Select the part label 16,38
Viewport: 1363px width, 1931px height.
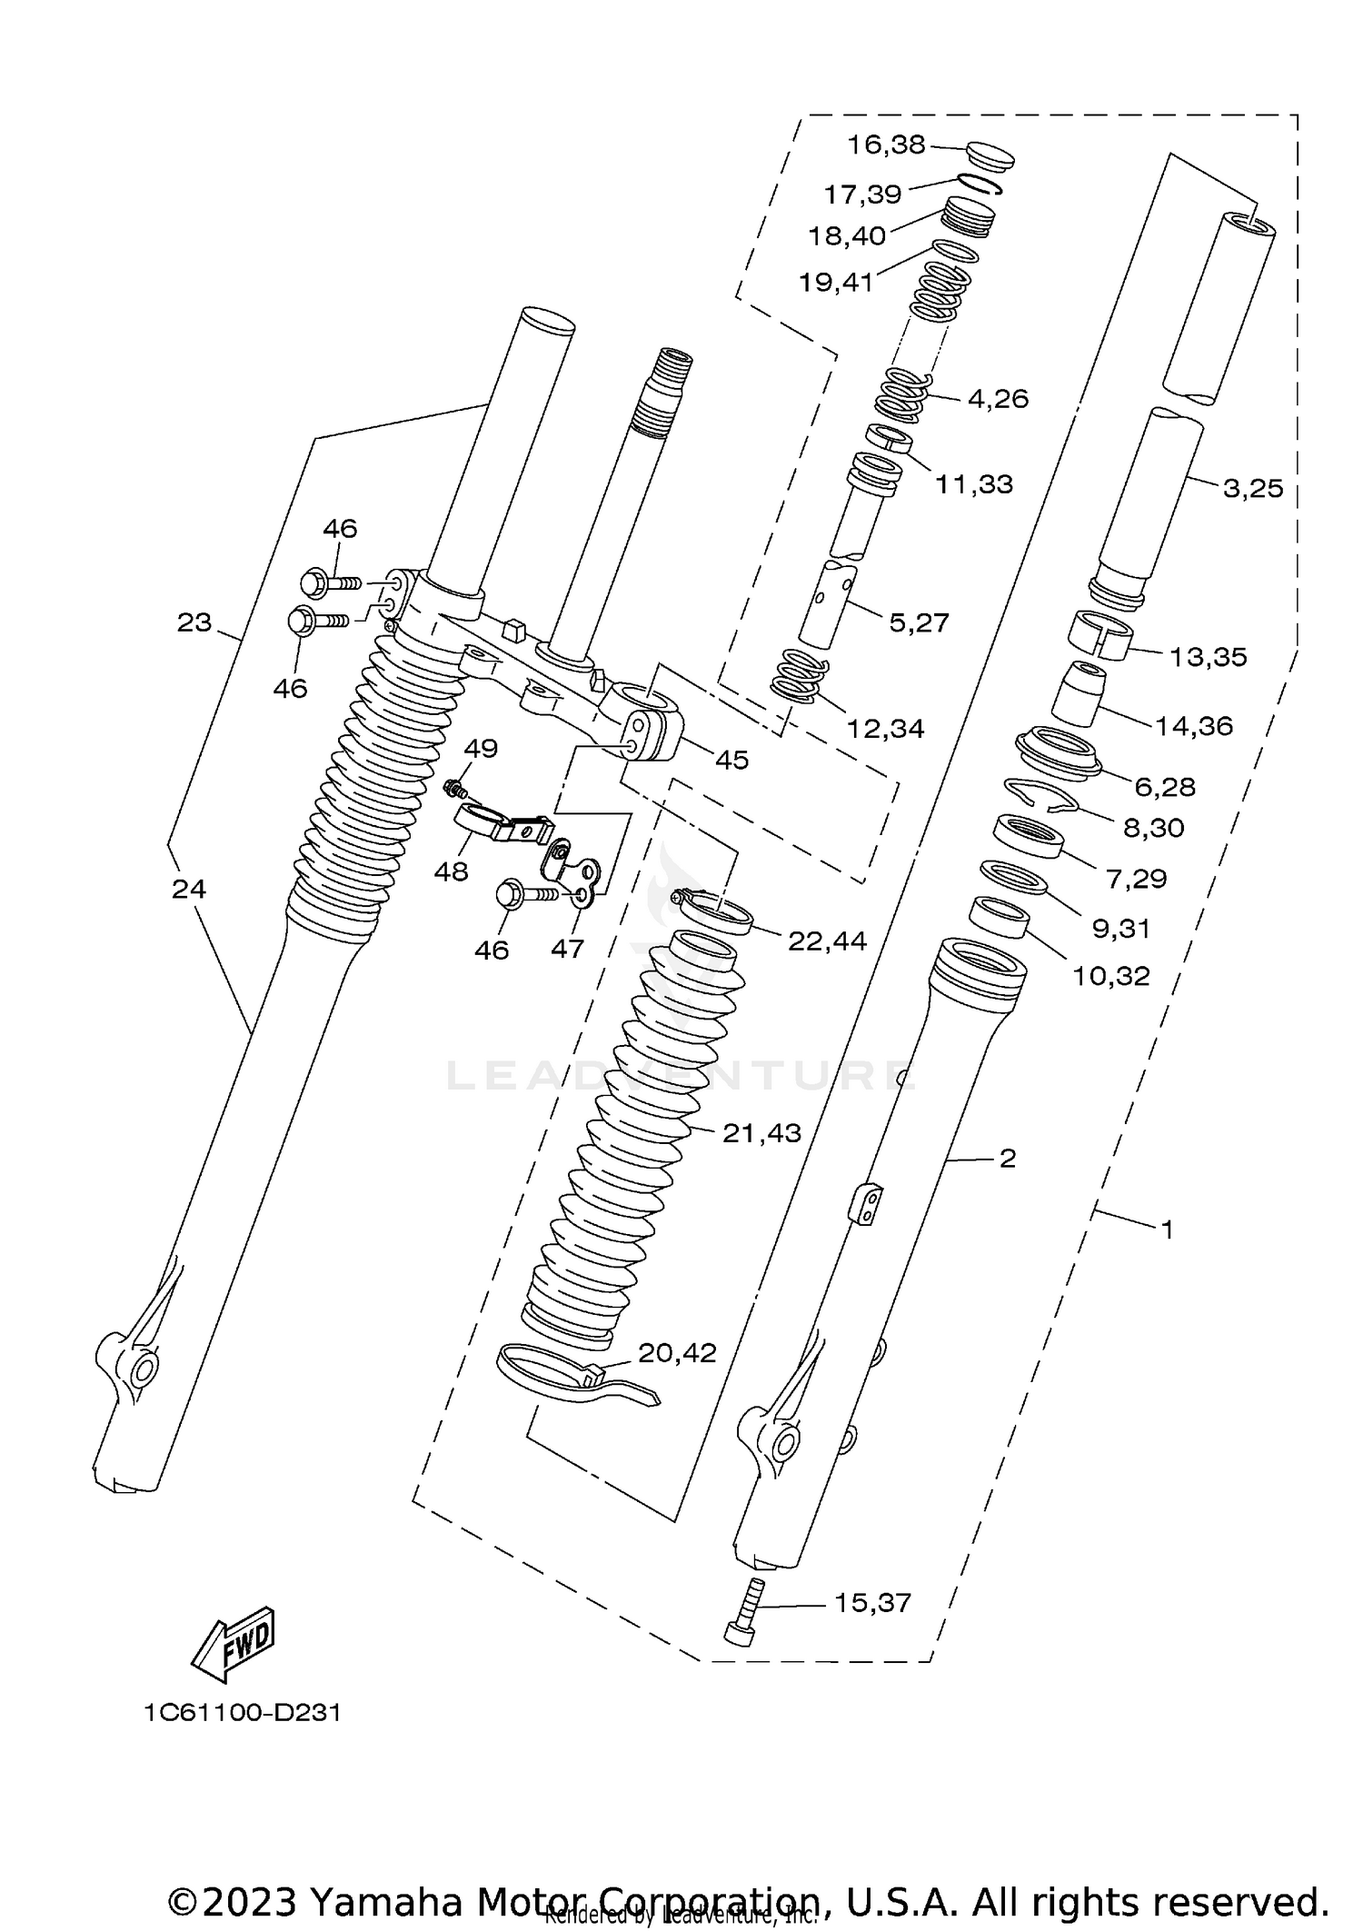[x=885, y=144]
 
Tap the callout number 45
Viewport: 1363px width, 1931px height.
[x=731, y=760]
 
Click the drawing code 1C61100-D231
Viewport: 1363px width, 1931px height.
[x=242, y=1713]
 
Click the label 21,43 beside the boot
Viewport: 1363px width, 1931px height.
[x=761, y=1132]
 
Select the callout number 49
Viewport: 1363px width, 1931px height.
[x=481, y=749]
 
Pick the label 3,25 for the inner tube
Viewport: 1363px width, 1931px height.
[x=1252, y=488]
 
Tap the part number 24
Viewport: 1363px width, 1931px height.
[x=189, y=889]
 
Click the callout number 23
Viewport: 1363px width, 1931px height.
[x=194, y=622]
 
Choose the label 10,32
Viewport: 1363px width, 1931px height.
[x=1110, y=976]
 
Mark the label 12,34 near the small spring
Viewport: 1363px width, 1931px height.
[x=885, y=728]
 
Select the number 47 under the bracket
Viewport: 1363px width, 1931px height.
[x=567, y=949]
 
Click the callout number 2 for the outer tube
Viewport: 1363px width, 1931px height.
[x=1007, y=1158]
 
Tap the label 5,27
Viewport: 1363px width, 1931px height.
[x=919, y=622]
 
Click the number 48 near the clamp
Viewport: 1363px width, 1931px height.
[x=451, y=871]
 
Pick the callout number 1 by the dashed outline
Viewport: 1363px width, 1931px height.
[x=1168, y=1229]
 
